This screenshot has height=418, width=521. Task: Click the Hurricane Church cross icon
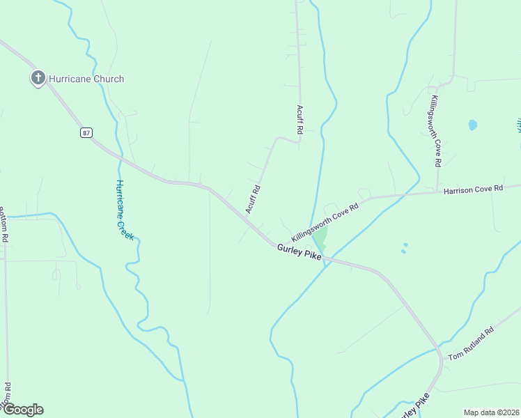point(38,78)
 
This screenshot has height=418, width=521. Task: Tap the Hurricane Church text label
point(86,79)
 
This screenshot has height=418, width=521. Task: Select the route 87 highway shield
point(86,132)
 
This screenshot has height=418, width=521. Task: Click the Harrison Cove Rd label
point(473,189)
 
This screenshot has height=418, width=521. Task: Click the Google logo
point(23,410)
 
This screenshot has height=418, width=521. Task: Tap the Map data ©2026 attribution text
point(490,412)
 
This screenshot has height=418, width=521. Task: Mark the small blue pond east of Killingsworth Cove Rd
point(473,125)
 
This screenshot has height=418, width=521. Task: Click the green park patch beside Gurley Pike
point(320,238)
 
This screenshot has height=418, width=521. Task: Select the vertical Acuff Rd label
point(300,120)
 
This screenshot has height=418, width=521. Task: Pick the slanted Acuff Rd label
point(253,199)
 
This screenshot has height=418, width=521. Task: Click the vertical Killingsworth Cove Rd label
point(435,131)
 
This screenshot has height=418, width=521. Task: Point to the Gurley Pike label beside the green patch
point(299,252)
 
